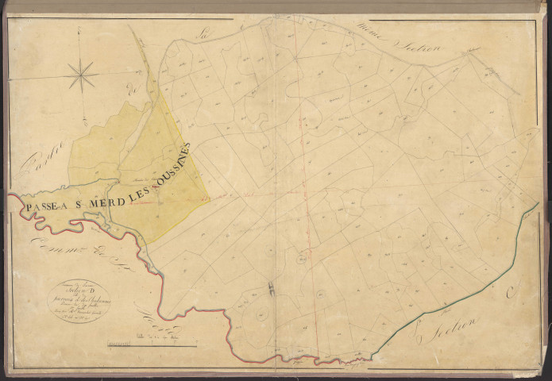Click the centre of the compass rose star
pyautogui.click(x=82, y=76)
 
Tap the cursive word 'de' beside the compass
pyautogui.click(x=133, y=91)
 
